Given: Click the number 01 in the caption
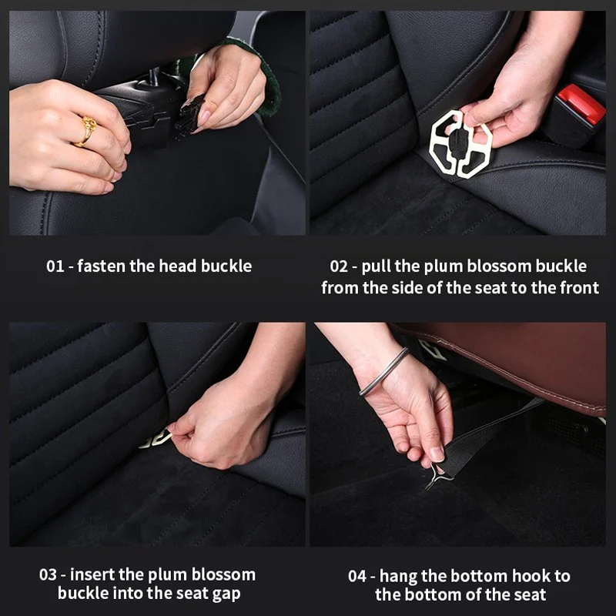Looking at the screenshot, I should pyautogui.click(x=55, y=266).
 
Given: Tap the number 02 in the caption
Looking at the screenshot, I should pyautogui.click(x=340, y=266).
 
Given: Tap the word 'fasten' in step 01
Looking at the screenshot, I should pyautogui.click(x=102, y=266).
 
